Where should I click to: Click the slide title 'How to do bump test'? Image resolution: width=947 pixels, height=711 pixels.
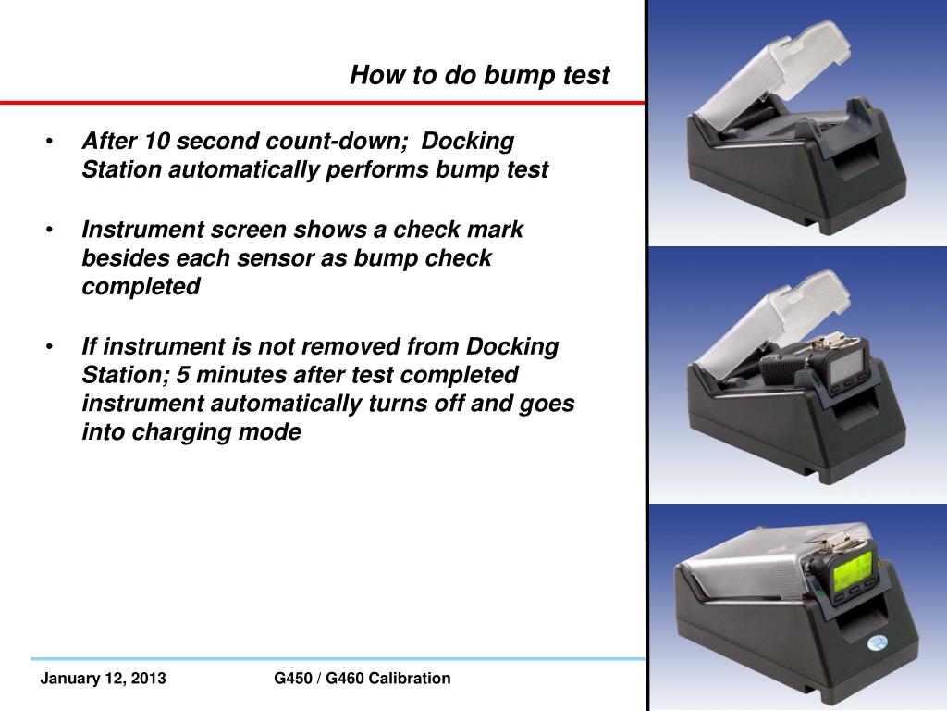click(479, 75)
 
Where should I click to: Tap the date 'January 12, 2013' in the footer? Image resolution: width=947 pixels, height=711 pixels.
click(103, 679)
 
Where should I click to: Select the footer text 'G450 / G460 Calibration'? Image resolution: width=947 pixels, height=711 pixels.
click(363, 679)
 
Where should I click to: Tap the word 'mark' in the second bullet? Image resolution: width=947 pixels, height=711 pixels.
click(495, 229)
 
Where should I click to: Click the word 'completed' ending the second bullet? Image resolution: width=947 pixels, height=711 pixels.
click(141, 287)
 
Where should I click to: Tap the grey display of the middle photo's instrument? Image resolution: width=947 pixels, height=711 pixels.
click(846, 371)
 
